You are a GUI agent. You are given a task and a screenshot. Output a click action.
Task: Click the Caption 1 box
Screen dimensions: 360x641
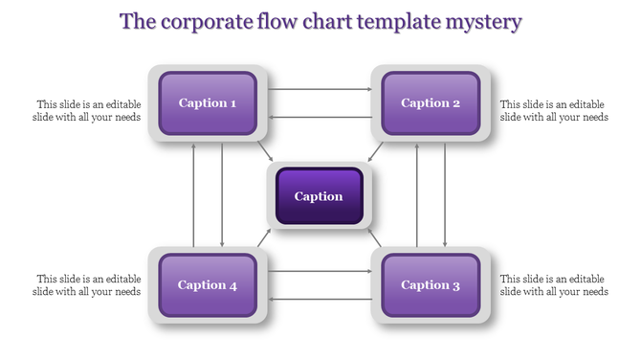(x=208, y=102)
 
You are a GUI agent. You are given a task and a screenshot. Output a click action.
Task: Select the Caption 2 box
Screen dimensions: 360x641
(x=431, y=102)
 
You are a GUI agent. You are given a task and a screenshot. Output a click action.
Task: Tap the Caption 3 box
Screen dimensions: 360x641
(x=431, y=284)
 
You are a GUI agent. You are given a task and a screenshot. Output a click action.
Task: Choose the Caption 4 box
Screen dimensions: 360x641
(x=208, y=284)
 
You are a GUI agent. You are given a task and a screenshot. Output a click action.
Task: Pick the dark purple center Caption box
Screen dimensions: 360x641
(x=319, y=196)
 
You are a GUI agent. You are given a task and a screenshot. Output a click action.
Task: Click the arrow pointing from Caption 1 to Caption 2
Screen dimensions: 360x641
(x=320, y=90)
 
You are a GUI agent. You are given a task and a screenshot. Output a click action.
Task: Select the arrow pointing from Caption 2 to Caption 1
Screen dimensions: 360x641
(x=320, y=117)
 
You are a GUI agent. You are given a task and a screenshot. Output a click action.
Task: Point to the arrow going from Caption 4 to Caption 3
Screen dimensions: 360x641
(x=320, y=272)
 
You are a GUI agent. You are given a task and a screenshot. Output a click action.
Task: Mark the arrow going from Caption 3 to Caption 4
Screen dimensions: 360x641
(x=320, y=299)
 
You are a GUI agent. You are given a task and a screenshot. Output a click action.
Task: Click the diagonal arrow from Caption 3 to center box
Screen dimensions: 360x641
(x=375, y=238)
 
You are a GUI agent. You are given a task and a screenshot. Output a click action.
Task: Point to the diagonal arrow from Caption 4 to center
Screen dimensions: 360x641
(x=264, y=238)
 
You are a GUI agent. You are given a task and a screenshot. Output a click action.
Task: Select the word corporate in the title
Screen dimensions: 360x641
(x=206, y=21)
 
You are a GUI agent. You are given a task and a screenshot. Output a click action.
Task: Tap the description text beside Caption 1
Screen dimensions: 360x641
(x=89, y=110)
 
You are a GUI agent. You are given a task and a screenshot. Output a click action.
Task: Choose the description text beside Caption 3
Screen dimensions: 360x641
(x=554, y=284)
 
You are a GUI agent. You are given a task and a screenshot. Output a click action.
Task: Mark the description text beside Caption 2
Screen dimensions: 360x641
(x=554, y=110)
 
